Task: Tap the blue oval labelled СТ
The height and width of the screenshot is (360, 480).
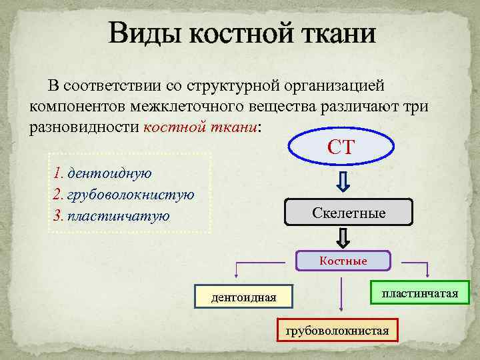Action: tap(343, 147)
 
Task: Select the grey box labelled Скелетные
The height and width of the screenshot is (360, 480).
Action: tap(349, 213)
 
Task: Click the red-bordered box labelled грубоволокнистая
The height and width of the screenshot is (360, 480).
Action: tap(337, 330)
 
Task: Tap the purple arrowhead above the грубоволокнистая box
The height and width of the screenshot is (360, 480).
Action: tap(342, 308)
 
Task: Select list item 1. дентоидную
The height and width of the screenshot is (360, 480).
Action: tap(103, 173)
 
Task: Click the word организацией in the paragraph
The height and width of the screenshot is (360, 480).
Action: tap(334, 86)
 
